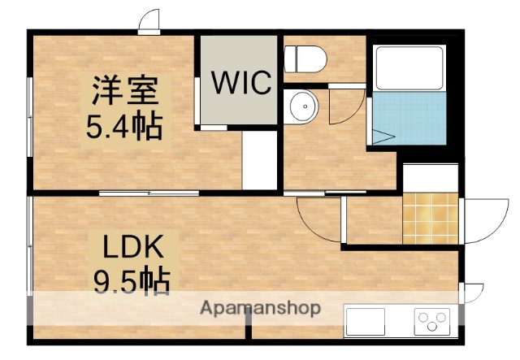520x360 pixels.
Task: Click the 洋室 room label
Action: [124, 89]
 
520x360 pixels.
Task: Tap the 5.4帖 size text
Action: [124, 126]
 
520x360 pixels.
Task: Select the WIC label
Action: [241, 83]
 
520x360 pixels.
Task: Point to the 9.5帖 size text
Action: [132, 282]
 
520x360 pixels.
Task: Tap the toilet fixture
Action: [305, 58]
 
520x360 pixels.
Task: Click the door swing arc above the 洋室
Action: [148, 21]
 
